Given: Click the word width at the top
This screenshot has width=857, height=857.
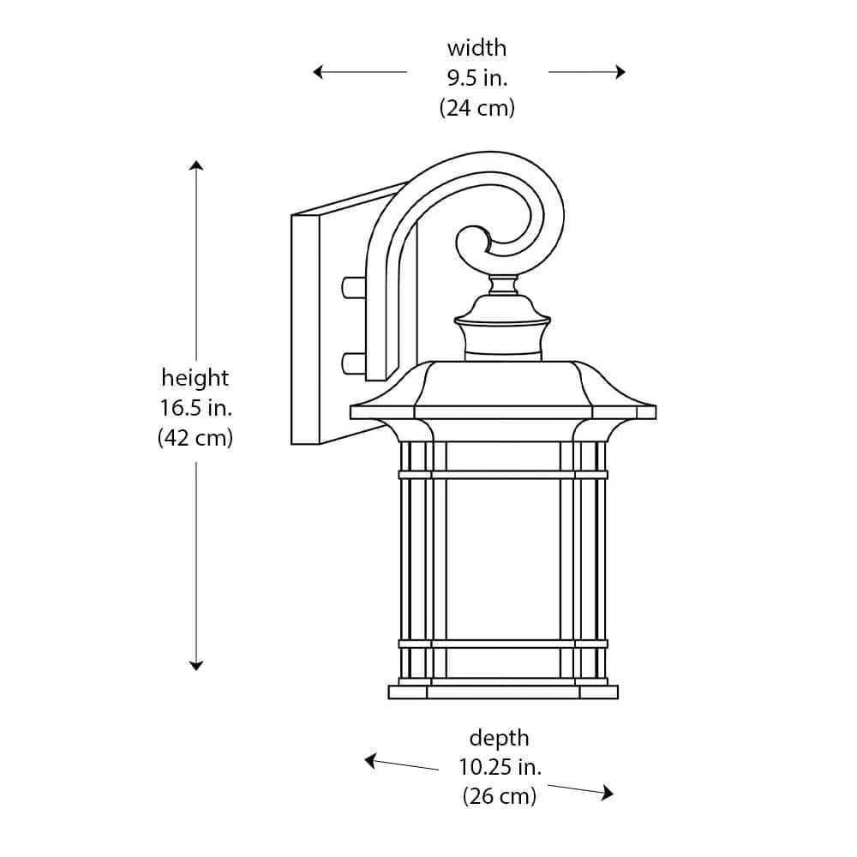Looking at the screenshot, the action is (x=476, y=48).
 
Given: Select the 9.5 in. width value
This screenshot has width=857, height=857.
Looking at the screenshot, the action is (x=477, y=78).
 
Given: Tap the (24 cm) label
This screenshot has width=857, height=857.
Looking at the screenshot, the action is (x=477, y=108).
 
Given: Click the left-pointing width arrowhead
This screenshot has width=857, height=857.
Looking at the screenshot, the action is (x=318, y=72).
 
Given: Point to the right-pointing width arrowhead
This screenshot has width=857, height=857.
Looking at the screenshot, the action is (x=620, y=72).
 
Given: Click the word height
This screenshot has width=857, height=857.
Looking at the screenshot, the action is (x=195, y=378).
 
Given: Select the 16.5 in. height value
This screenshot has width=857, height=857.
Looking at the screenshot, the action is (x=195, y=408).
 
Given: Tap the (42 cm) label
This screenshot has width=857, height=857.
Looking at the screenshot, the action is (x=195, y=438).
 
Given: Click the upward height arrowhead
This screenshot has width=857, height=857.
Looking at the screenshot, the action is (x=196, y=165).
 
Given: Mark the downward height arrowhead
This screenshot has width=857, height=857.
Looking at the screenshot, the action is (x=196, y=665).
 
